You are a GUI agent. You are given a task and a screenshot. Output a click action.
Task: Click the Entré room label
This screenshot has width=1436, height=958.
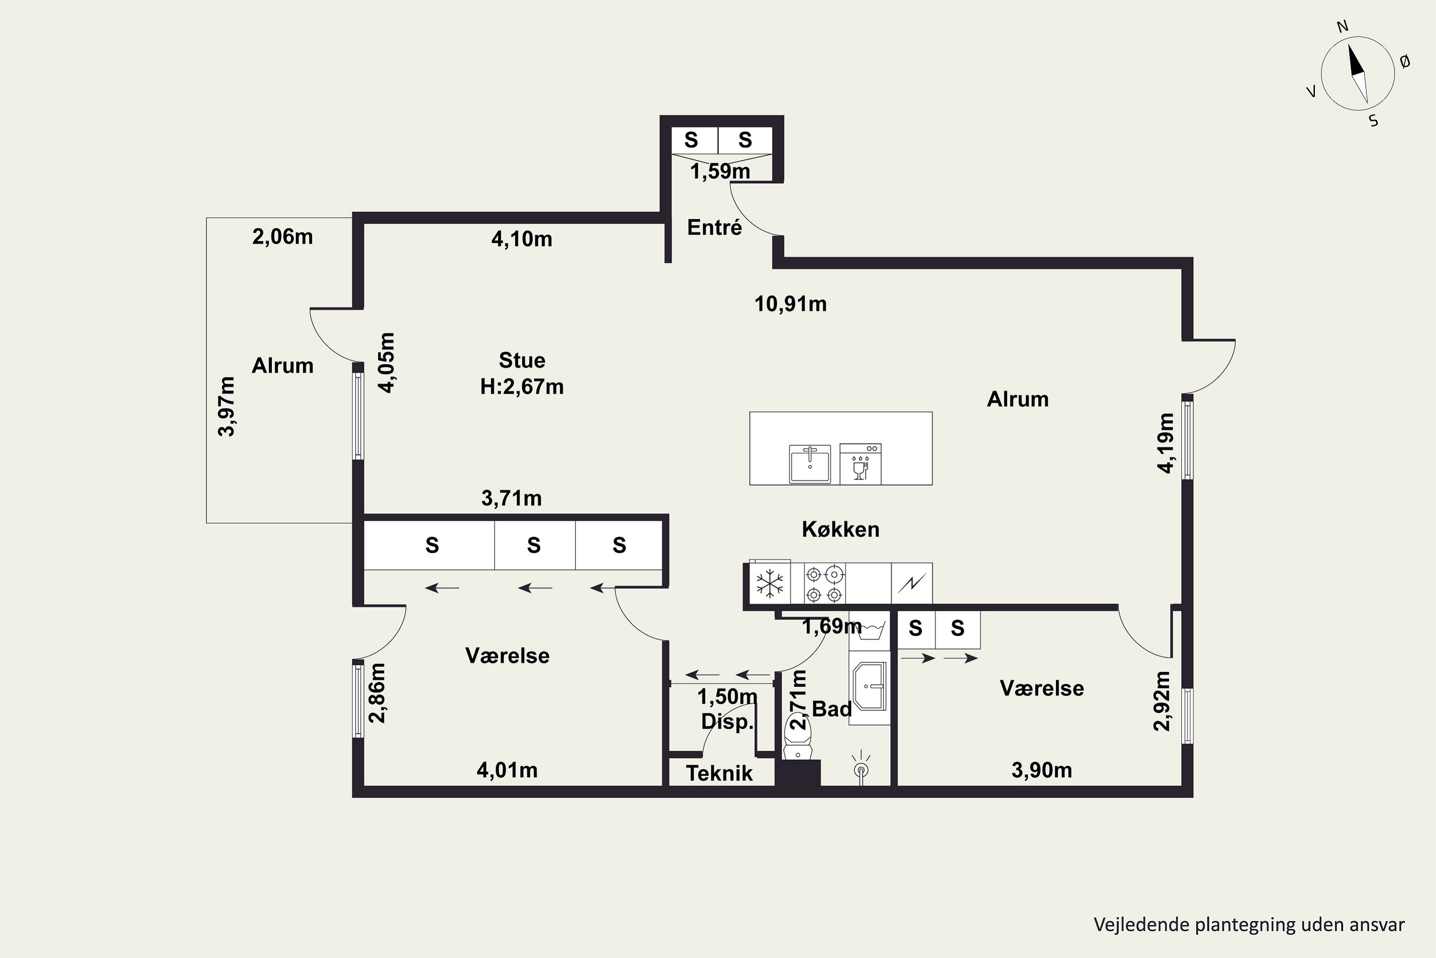(x=714, y=227)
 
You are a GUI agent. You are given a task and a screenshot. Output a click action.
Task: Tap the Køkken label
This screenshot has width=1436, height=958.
(x=841, y=529)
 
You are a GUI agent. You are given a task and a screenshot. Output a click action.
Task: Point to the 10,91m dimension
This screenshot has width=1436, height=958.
(x=791, y=304)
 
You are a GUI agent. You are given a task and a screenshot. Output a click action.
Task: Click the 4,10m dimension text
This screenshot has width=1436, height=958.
(x=522, y=239)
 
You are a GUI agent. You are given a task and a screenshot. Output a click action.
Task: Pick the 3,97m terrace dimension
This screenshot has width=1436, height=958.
(x=226, y=406)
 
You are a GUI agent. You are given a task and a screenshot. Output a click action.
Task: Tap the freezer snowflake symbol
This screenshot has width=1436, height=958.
(x=770, y=583)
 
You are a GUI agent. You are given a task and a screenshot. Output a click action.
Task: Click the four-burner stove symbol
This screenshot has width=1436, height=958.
(x=825, y=583)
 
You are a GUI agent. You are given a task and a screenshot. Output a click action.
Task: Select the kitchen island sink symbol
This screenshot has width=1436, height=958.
(x=810, y=464)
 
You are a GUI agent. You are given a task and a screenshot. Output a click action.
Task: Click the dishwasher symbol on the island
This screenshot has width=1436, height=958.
(x=860, y=464)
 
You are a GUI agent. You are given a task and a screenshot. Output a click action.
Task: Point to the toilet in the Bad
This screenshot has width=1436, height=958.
(x=797, y=739)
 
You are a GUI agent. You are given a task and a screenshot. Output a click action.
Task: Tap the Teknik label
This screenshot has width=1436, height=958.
(x=719, y=774)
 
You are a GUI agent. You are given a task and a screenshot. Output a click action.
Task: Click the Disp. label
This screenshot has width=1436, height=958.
(x=727, y=721)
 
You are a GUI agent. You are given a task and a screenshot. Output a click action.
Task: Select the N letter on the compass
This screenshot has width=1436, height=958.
(x=1343, y=26)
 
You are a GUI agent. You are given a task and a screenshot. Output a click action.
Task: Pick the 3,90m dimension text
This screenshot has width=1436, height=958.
(x=1042, y=770)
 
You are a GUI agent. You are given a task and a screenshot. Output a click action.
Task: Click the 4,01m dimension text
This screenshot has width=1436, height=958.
(x=507, y=770)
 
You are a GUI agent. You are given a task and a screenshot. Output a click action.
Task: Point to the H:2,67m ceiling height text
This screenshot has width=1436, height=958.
(x=522, y=387)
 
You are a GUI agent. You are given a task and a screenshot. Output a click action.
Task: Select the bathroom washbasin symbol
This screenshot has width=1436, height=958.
(x=869, y=686)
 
